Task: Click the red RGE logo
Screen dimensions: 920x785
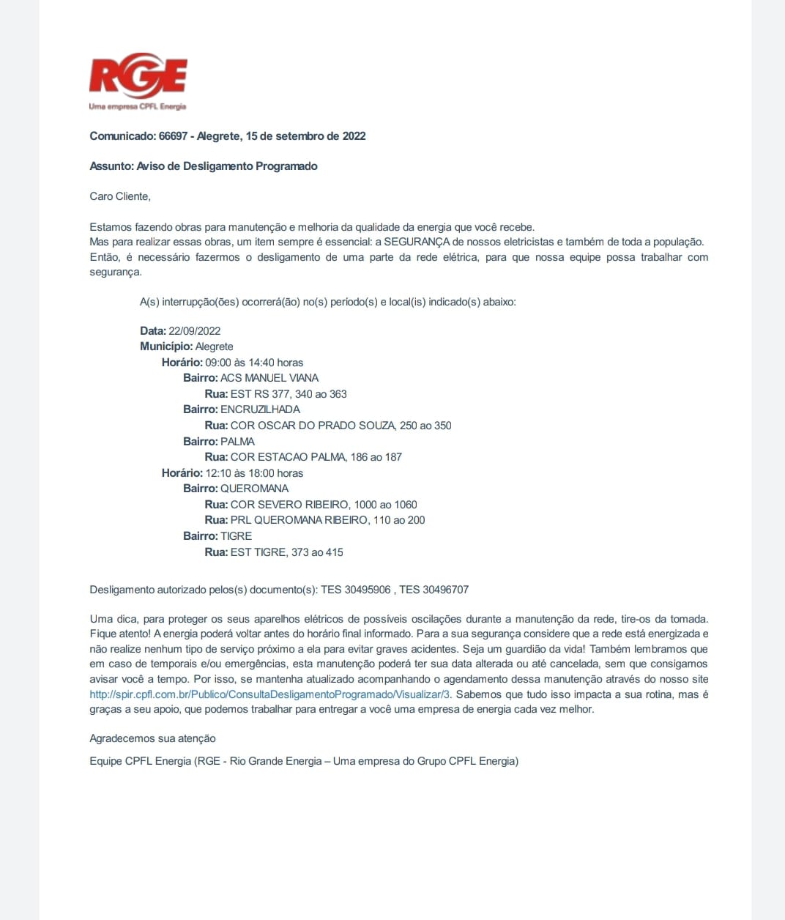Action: (x=138, y=76)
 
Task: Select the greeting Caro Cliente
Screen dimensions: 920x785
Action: (x=120, y=196)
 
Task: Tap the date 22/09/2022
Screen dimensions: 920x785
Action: (x=194, y=331)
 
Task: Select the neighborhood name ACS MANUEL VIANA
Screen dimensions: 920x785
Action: (x=269, y=378)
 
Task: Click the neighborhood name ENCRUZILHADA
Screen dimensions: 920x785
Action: (x=260, y=409)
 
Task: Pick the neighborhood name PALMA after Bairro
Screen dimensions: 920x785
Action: (x=237, y=442)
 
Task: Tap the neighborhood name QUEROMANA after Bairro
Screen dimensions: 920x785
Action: (x=254, y=489)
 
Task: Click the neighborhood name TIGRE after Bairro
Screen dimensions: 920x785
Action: (x=236, y=536)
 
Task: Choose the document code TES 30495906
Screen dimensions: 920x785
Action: (x=356, y=590)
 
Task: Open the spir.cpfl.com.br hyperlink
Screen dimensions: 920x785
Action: (x=269, y=694)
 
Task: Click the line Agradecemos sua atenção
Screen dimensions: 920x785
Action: (x=152, y=738)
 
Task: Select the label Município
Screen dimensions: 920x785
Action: (x=166, y=346)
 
